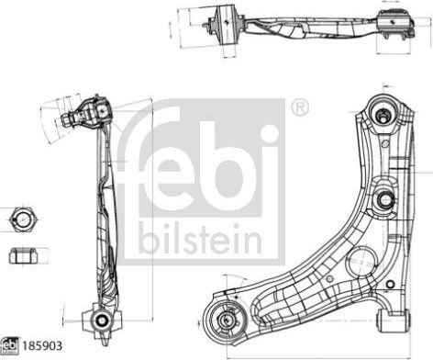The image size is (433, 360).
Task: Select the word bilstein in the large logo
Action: pos(199,241)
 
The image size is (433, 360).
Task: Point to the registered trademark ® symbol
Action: pos(298,108)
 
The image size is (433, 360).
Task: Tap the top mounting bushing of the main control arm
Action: pos(383,114)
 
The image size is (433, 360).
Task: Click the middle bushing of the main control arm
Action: pos(385,197)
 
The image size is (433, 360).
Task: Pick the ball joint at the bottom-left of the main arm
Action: pos(226,321)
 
